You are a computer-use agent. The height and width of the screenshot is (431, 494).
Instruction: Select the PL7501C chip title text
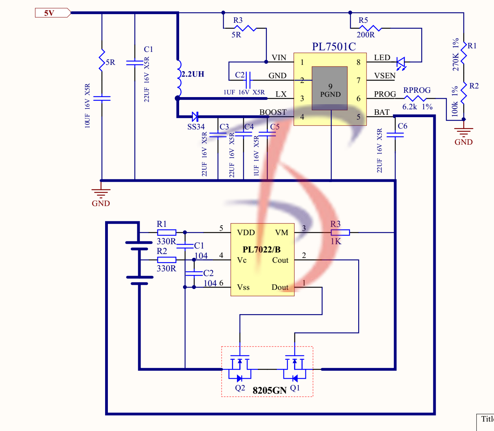pyautogui.click(x=334, y=47)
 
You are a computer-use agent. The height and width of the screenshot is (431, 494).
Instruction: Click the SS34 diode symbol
pyautogui.click(x=195, y=116)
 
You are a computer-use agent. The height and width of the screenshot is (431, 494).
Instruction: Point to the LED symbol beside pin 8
pyautogui.click(x=401, y=62)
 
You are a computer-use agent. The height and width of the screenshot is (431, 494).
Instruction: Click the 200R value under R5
pyautogui.click(x=366, y=35)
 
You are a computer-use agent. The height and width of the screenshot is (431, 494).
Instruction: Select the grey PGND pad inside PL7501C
pyautogui.click(x=329, y=88)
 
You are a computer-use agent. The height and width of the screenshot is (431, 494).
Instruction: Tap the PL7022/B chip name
pyautogui.click(x=261, y=250)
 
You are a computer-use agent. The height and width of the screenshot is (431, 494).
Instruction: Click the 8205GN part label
pyautogui.click(x=269, y=390)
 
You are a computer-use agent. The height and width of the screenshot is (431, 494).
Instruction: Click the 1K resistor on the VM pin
pyautogui.click(x=340, y=232)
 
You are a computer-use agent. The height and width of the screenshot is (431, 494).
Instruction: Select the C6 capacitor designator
pyautogui.click(x=402, y=126)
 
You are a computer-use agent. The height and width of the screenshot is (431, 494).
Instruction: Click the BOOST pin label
pyautogui.click(x=273, y=112)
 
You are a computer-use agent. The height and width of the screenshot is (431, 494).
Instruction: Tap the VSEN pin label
pyautogui.click(x=385, y=76)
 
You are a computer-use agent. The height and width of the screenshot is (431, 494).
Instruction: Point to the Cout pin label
pyautogui.click(x=280, y=260)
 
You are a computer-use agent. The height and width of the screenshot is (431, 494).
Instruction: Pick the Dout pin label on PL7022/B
pyautogui.click(x=280, y=287)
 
